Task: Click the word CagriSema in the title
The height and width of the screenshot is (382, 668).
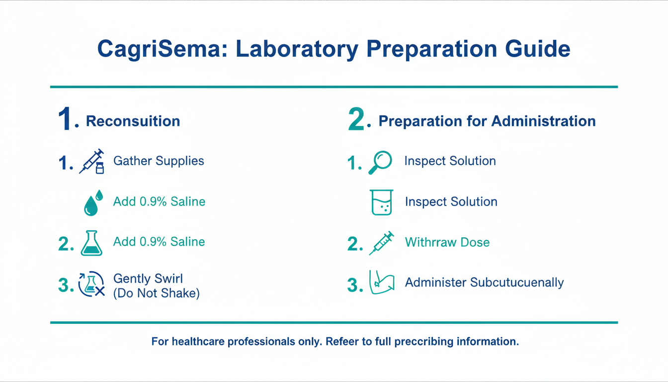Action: click(x=163, y=49)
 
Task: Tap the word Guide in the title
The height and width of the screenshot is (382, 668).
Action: click(x=538, y=49)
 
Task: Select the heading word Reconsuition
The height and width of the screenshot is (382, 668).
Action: click(x=133, y=121)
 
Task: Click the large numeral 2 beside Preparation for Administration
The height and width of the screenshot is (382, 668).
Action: click(x=356, y=119)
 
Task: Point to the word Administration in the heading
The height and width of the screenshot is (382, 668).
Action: click(x=543, y=121)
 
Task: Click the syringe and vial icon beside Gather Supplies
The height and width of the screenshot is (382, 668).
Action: click(x=91, y=162)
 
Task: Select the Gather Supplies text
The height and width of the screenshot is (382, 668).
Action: click(x=159, y=161)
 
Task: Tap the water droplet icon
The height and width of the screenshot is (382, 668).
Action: click(x=93, y=202)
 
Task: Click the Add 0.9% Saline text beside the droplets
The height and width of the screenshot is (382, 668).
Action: click(x=159, y=202)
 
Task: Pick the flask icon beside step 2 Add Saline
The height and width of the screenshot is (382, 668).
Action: click(x=91, y=243)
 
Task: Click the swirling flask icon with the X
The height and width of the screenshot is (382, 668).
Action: click(x=91, y=284)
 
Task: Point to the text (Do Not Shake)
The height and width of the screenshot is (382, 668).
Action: click(x=156, y=293)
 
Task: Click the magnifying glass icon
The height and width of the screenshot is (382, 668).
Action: click(x=380, y=163)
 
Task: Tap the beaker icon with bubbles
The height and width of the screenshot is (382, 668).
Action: click(x=382, y=202)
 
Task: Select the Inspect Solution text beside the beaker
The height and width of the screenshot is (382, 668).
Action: click(x=451, y=202)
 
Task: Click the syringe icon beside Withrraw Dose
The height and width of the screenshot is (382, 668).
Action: click(x=381, y=243)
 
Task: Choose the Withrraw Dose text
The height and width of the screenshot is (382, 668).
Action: click(x=447, y=242)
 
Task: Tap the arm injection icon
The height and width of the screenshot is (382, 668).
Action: click(x=382, y=283)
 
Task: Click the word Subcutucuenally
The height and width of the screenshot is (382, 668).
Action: click(x=517, y=283)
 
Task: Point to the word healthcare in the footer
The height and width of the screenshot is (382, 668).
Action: click(x=198, y=341)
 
